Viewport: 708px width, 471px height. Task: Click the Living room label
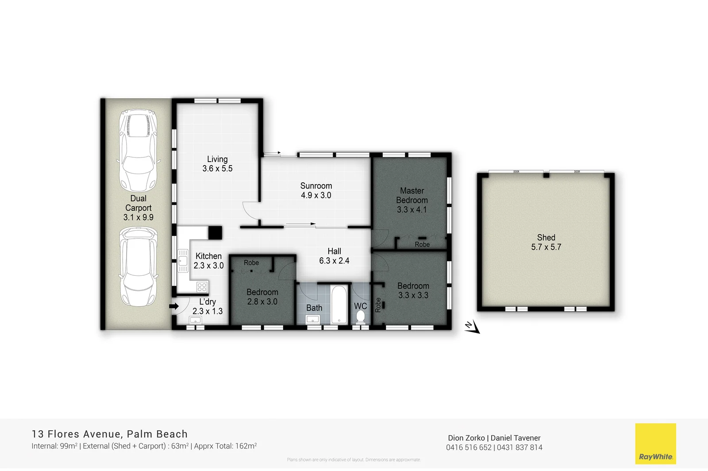217,159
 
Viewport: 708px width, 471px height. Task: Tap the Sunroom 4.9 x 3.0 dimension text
316,195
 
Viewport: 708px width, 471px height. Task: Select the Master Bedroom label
412,195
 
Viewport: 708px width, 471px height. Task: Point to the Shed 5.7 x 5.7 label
546,243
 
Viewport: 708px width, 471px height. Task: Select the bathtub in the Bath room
339,305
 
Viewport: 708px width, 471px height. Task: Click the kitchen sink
183,261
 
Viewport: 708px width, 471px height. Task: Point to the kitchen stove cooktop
202,287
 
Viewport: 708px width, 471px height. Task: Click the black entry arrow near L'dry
174,306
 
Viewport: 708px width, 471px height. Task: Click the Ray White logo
655,444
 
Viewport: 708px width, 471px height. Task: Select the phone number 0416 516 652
469,448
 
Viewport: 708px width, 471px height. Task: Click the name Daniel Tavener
516,438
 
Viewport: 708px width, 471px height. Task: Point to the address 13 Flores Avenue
76,434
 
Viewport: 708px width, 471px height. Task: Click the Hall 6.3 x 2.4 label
334,256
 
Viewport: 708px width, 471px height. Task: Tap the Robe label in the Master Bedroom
422,244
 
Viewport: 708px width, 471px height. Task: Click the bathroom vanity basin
313,319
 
